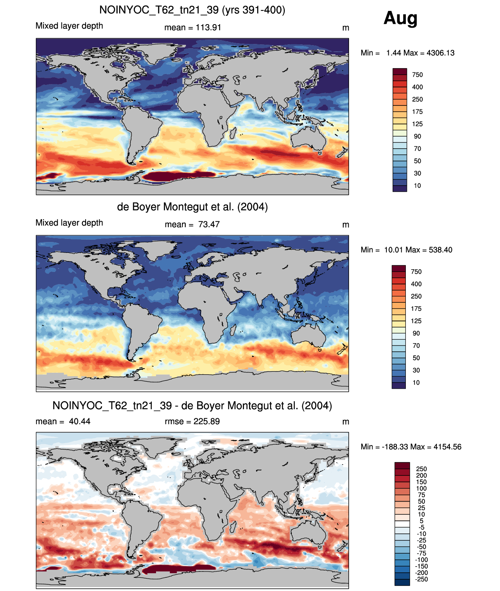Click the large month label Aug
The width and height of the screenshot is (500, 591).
(x=400, y=18)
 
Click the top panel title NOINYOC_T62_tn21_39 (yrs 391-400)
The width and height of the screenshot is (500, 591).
(x=192, y=10)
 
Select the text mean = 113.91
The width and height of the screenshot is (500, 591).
(x=192, y=28)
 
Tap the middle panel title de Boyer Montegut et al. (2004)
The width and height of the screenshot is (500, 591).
(x=192, y=207)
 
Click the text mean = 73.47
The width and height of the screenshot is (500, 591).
(x=192, y=224)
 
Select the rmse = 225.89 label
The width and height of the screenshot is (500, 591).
(x=192, y=421)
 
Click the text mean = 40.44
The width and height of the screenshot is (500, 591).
(x=63, y=421)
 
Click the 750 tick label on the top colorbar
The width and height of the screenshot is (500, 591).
(x=418, y=75)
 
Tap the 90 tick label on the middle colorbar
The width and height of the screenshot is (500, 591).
(x=416, y=333)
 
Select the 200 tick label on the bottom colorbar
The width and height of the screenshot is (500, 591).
(x=421, y=475)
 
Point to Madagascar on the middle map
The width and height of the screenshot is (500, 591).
(x=233, y=330)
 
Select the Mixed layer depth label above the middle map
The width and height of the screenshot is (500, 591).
(x=69, y=223)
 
